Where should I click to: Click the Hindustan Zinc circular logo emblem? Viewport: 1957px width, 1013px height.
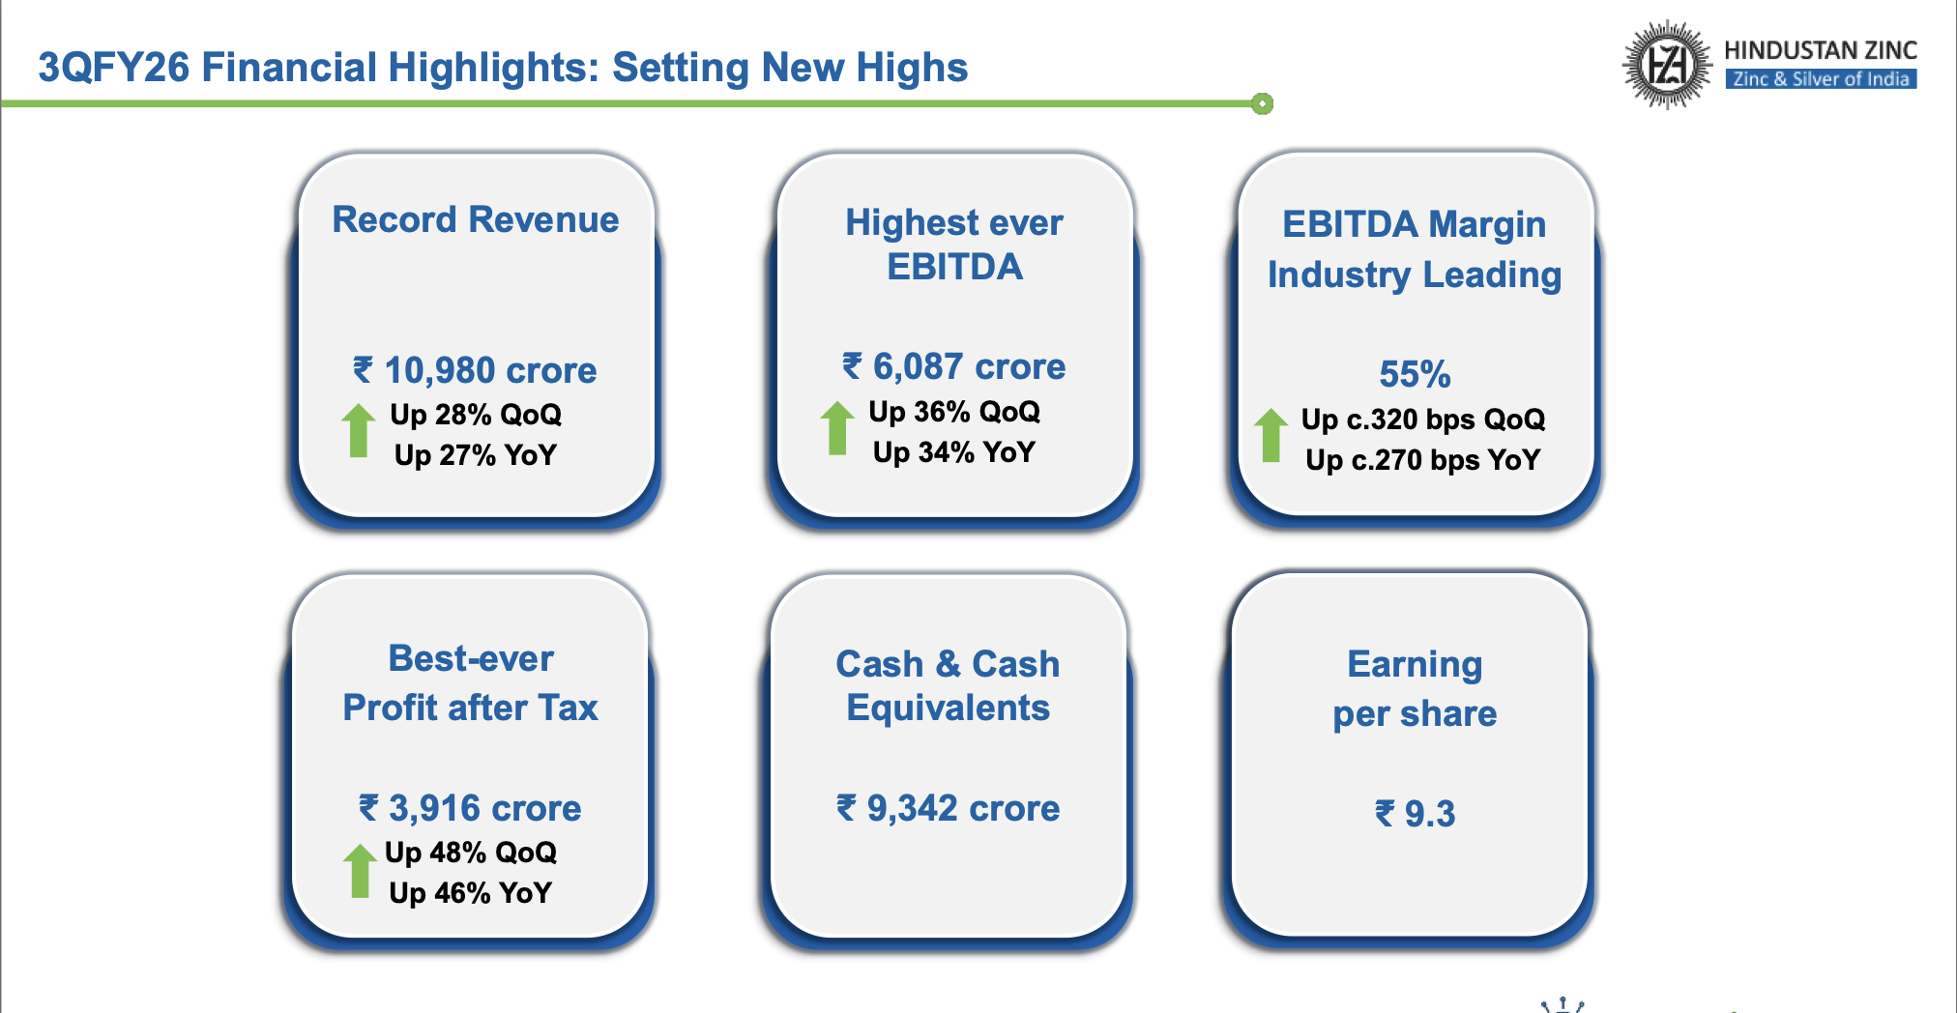tap(1666, 65)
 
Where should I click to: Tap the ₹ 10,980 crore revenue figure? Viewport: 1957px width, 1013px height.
tap(475, 370)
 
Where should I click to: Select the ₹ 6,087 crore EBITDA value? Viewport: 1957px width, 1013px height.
tap(953, 366)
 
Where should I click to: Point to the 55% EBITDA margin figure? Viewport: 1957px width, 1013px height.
tap(1415, 374)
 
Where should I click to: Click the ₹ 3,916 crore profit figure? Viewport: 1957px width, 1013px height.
tap(470, 808)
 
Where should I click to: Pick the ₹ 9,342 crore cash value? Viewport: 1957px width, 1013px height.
tap(949, 808)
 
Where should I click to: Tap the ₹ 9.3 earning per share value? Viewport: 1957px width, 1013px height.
tap(1415, 814)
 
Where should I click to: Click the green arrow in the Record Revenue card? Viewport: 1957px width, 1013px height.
tap(358, 430)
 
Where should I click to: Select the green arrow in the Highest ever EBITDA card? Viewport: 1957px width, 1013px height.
tap(837, 427)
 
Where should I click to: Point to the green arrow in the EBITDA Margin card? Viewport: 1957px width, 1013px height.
tap(1271, 435)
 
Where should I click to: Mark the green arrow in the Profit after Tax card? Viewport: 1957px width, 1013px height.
tap(360, 870)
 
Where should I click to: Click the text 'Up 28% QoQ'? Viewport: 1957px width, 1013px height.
tap(476, 415)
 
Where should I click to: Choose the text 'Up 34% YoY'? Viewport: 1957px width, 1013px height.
tap(954, 452)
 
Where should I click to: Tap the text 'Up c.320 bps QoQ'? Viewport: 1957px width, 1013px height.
tap(1423, 420)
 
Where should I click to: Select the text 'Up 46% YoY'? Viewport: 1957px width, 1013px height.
tap(471, 893)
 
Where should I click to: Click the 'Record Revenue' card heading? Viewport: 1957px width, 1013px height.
tap(476, 219)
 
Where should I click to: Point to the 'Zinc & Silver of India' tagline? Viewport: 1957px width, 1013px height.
tap(1821, 79)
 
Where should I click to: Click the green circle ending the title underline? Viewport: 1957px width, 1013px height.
tap(1262, 103)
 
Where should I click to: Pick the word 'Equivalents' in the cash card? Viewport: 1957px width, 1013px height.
tap(949, 709)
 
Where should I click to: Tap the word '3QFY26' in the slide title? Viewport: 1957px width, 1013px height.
tap(113, 68)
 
